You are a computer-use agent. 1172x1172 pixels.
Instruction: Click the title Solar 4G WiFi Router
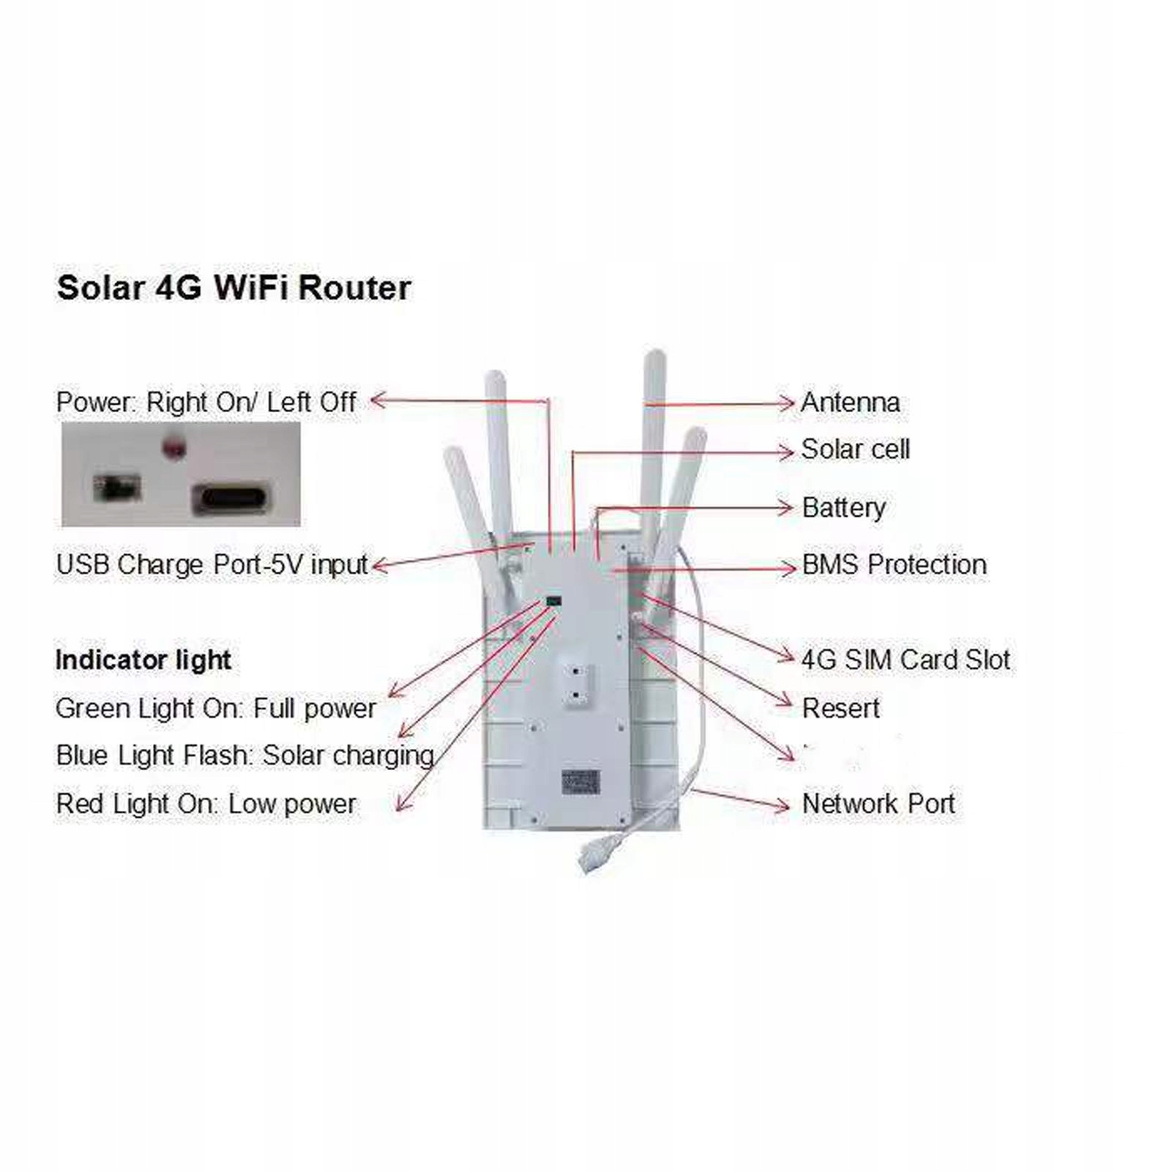[x=234, y=288]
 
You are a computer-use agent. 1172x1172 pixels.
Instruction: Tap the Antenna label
[x=850, y=402]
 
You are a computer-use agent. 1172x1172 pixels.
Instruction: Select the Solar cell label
[x=855, y=449]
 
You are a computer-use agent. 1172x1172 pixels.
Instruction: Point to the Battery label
[x=843, y=507]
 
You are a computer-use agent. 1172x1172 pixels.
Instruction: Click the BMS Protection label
[x=894, y=564]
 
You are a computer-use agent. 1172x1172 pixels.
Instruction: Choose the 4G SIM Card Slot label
[x=906, y=660]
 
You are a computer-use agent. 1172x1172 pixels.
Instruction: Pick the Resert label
[x=840, y=708]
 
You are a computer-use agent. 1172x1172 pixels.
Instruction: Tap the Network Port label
[x=878, y=803]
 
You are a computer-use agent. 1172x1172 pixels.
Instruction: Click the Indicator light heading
[x=143, y=660]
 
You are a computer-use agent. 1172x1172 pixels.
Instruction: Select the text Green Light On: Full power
[x=215, y=708]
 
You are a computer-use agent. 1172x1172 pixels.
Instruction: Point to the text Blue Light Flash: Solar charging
[x=245, y=755]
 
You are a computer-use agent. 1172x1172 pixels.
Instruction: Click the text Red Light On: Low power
[x=206, y=803]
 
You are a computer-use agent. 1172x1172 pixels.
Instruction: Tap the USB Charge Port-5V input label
[x=212, y=564]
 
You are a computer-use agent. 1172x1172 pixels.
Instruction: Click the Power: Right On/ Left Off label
[x=206, y=402]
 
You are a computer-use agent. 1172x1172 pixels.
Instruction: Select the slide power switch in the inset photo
[x=117, y=488]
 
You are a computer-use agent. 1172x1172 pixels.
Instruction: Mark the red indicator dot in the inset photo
[x=174, y=447]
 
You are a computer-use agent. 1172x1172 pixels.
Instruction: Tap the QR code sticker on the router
[x=581, y=783]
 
